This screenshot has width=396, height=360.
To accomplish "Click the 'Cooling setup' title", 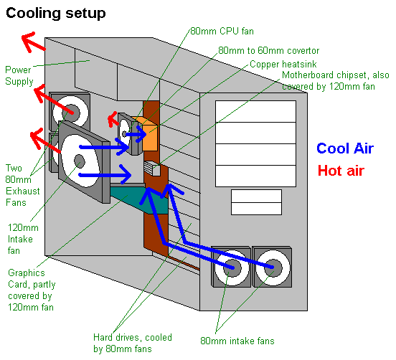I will click(57, 13).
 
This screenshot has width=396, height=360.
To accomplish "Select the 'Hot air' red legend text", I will click(341, 171).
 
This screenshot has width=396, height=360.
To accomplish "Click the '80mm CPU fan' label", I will click(222, 31).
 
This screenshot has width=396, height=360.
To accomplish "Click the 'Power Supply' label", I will click(19, 75).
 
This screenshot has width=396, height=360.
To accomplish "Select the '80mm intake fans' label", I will click(238, 341).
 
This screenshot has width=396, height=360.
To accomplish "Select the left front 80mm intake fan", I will click(231, 268).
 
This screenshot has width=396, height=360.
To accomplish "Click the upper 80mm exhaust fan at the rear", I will click(70, 112).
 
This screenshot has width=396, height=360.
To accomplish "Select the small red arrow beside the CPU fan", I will click(112, 118).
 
